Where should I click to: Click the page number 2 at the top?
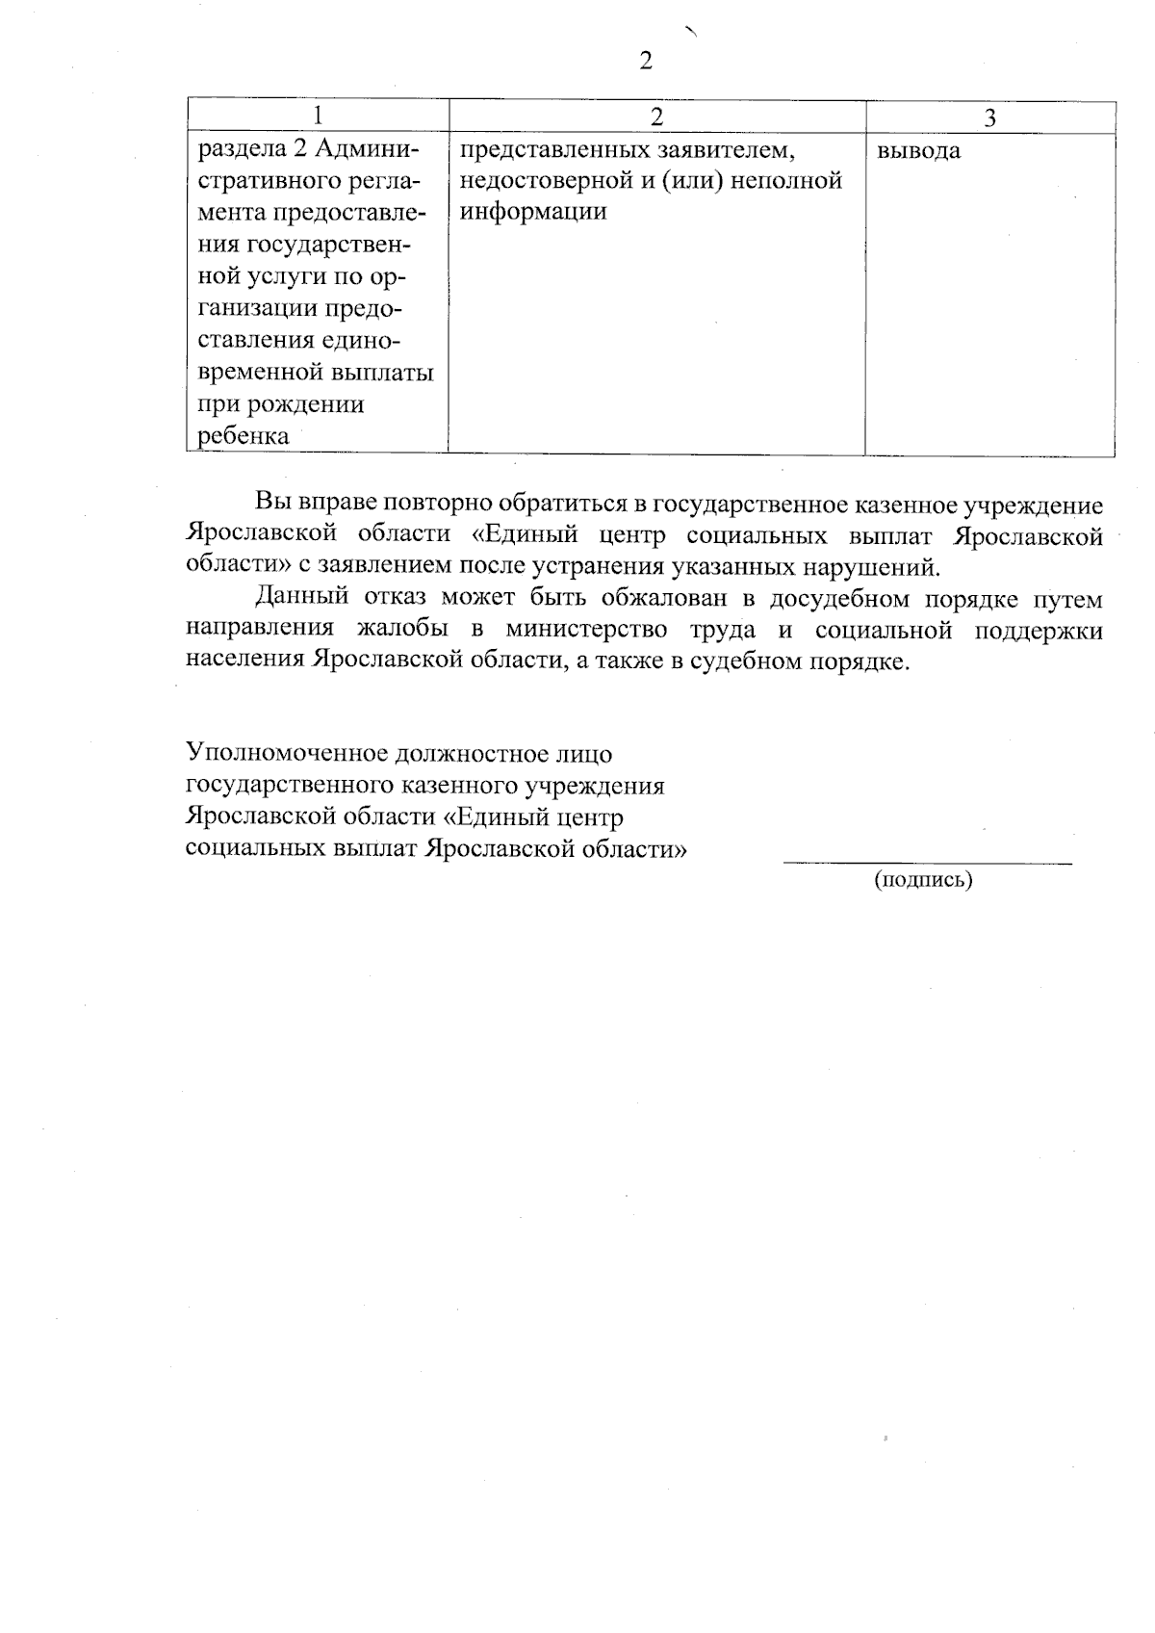pos(645,61)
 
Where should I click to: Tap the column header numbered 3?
pos(989,117)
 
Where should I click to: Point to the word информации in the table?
pos(533,212)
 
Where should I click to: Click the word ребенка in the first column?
pos(244,435)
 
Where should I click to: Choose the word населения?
pos(244,661)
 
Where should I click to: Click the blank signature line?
pos(927,861)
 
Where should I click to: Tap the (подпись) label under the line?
pos(923,879)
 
